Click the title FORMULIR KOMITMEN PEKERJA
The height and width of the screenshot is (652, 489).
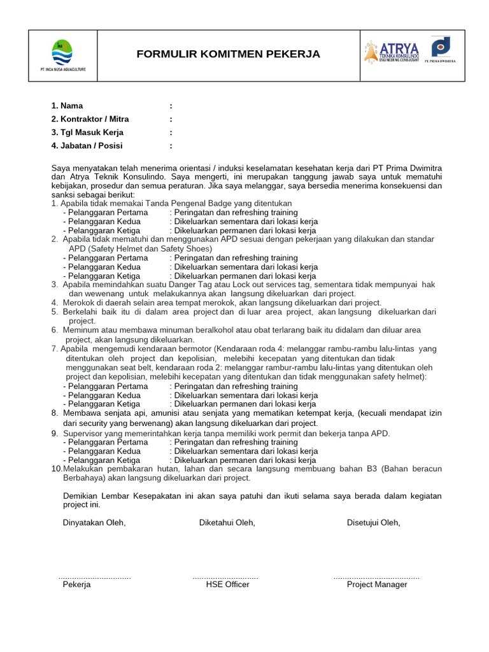228,55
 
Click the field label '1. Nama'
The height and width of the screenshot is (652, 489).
67,106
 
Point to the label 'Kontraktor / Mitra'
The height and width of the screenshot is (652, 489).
94,119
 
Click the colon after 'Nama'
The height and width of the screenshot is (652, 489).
171,106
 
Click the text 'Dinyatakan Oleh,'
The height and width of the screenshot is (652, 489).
94,523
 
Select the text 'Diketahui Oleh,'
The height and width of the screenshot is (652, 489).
227,523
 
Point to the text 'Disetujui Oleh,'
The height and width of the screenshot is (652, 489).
373,523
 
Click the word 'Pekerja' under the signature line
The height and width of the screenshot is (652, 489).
76,585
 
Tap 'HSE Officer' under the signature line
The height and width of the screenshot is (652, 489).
227,585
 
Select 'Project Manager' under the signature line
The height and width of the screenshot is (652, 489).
376,585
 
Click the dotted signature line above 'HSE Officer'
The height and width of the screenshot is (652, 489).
225,577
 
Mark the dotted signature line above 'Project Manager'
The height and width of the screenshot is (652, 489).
376,577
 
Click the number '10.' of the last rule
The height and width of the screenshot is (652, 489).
57,469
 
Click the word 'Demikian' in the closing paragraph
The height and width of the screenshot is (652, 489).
81,496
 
